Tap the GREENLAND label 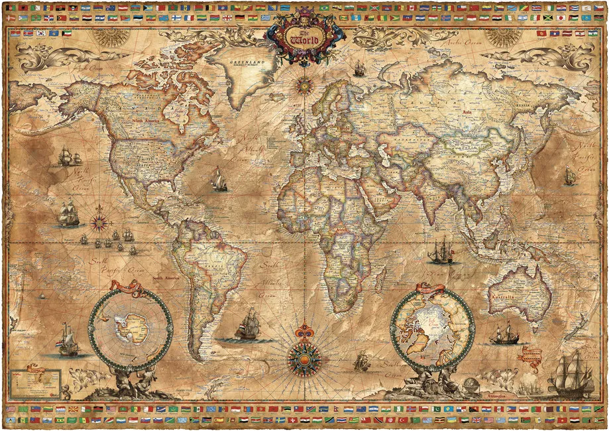tap(245, 62)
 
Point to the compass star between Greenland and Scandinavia tap(304, 84)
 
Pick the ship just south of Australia tap(505, 333)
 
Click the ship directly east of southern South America tap(248, 325)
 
